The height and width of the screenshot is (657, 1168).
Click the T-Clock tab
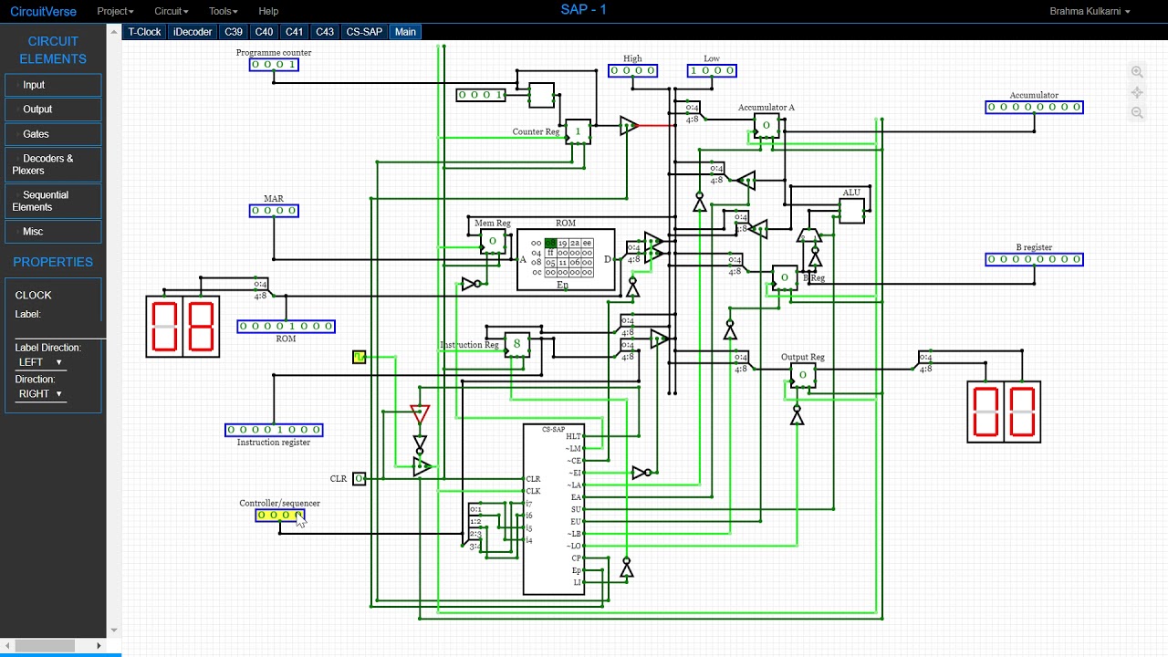pos(144,32)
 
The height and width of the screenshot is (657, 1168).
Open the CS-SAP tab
pos(364,32)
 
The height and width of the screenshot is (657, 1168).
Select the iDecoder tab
pos(193,32)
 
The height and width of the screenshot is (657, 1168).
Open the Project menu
pos(115,11)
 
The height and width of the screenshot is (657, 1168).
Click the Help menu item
pos(268,11)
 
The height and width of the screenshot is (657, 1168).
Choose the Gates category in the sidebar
pos(53,134)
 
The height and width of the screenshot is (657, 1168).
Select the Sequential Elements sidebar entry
pos(53,201)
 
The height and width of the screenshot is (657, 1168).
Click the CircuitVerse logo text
pos(43,11)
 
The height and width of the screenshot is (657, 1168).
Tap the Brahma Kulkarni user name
pos(1090,11)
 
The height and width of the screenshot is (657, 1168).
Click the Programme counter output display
pos(274,65)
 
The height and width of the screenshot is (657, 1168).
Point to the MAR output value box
pos(274,211)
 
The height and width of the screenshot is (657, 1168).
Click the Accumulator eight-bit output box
pos(1034,108)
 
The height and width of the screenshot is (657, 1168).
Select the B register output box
pos(1034,259)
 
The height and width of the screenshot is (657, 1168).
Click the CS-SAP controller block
pos(553,509)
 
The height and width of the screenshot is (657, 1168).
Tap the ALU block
pos(851,211)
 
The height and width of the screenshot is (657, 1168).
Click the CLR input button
pos(360,479)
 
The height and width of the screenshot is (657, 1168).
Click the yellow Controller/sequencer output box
pos(280,516)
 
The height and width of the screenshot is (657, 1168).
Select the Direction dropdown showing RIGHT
pos(40,394)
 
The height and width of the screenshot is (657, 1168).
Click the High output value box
pos(632,71)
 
